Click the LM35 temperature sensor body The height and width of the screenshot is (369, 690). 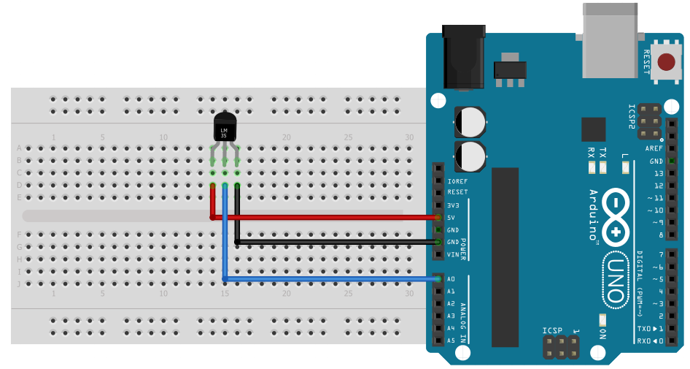(x=225, y=129)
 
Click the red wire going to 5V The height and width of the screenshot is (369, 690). (x=328, y=217)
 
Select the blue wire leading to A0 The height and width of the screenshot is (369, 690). (x=328, y=279)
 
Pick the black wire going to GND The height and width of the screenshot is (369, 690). (x=336, y=241)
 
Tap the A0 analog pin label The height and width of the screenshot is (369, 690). (x=451, y=279)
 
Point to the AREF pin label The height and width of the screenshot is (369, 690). (x=654, y=148)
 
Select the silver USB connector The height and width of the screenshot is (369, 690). (x=611, y=40)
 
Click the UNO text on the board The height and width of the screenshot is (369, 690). (x=613, y=280)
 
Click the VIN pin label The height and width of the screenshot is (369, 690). (x=453, y=254)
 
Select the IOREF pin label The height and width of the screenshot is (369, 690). (x=457, y=180)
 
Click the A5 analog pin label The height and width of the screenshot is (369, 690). (x=451, y=341)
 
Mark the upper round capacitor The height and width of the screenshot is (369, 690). (x=470, y=121)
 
